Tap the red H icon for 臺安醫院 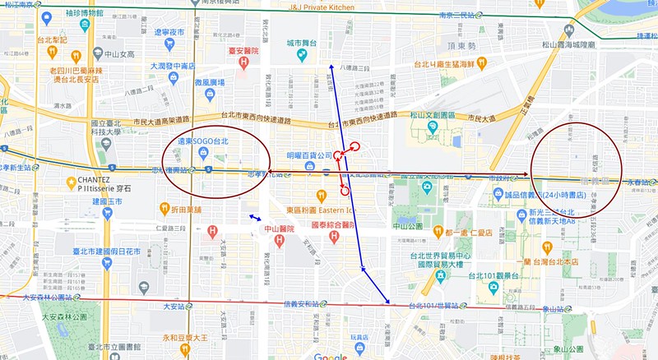[243, 64]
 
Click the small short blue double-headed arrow [257, 218]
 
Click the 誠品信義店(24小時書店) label [545, 196]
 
